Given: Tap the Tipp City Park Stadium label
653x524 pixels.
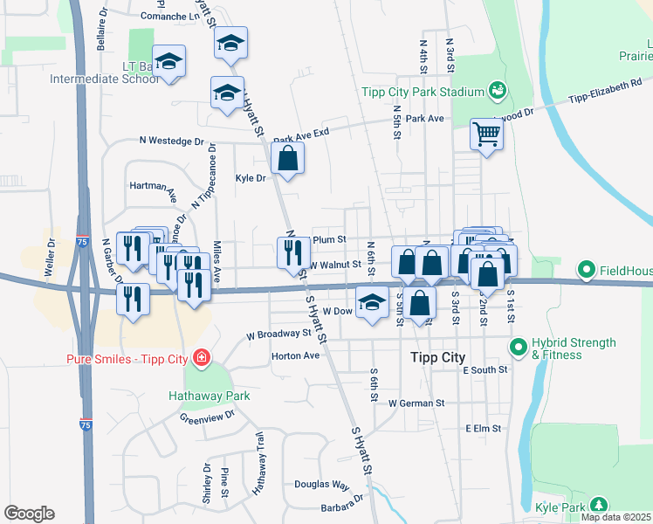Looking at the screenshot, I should point(423,92).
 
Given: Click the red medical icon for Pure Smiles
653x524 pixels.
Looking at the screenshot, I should point(202,358).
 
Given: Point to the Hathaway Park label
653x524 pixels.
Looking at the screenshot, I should point(210,396).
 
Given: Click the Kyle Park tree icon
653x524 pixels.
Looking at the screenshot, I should point(598,505).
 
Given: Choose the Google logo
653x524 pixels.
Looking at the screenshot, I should point(29,514).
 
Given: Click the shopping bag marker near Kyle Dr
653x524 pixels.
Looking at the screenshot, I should point(287,160).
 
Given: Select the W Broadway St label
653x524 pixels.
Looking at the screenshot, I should point(278,334).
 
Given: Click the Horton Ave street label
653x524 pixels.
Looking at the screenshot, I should point(296,355).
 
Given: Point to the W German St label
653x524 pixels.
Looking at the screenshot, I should point(417,403).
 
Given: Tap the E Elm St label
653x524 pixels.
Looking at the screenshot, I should point(483,429).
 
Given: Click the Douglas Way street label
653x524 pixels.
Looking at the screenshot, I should point(321,484).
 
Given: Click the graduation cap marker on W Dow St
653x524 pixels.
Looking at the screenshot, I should point(373,304).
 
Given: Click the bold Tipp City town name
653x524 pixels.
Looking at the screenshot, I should point(438,358).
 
